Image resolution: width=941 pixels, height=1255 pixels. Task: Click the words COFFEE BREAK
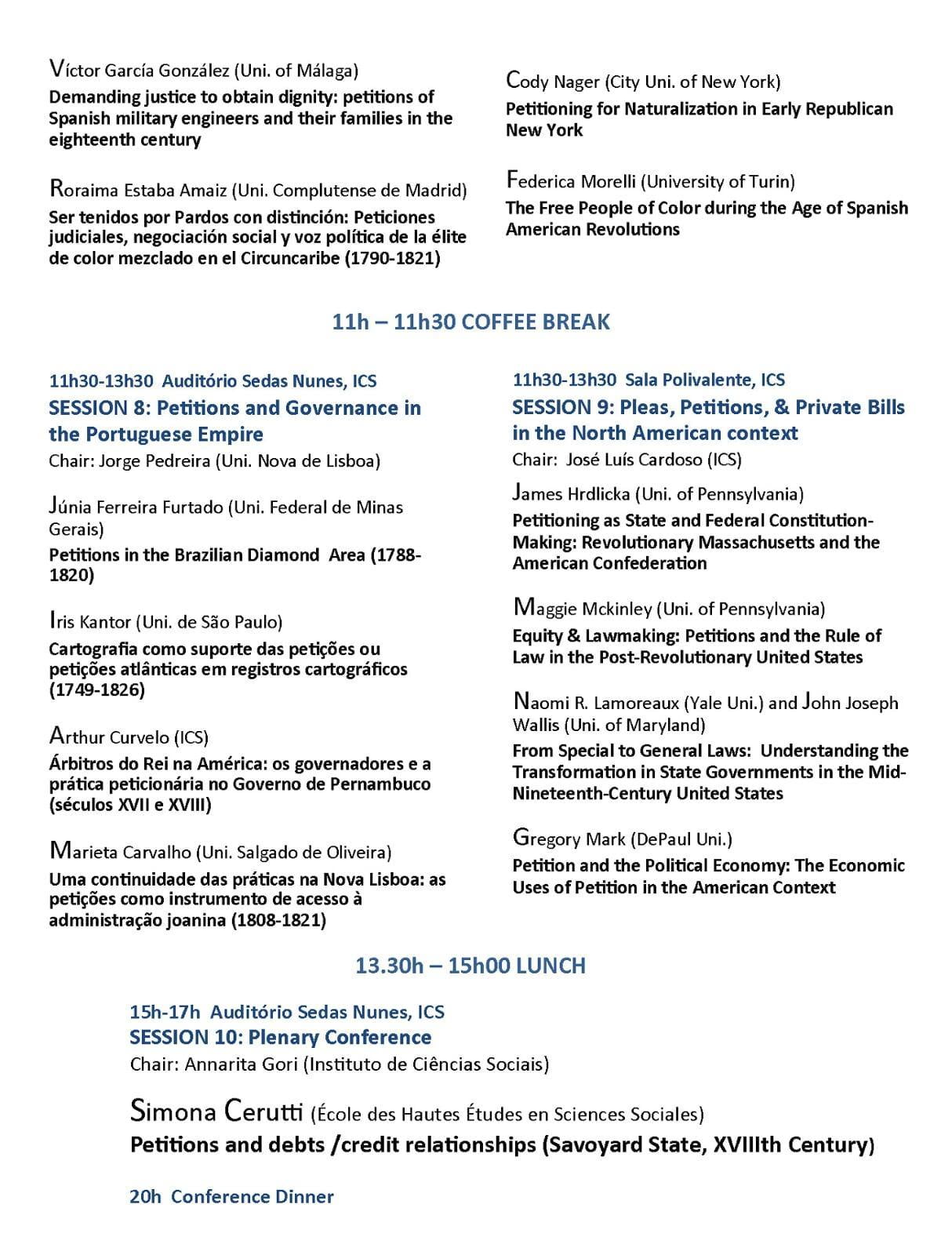(536, 322)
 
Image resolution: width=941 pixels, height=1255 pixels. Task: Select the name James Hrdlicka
(571, 493)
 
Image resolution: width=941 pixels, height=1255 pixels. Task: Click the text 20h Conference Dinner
(231, 1196)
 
